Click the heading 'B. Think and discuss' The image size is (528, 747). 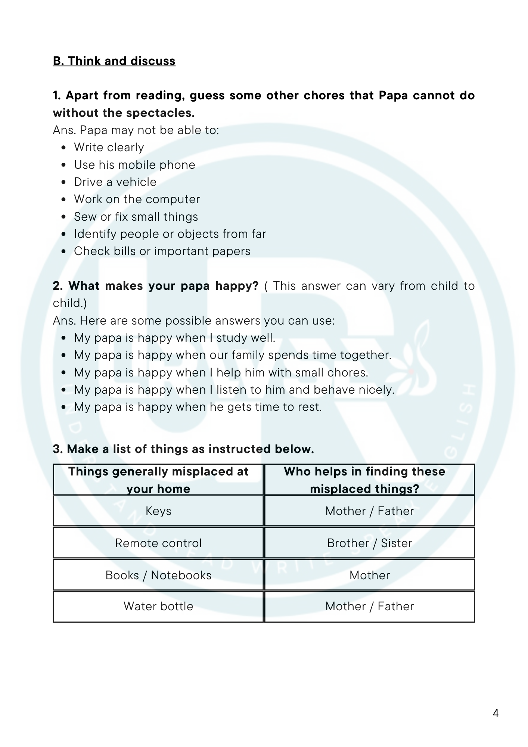[x=114, y=61]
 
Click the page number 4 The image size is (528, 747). [x=496, y=713]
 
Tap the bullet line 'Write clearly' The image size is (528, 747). [x=109, y=148]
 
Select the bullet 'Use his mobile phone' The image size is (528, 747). [x=134, y=165]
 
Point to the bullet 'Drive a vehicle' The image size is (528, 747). [x=115, y=182]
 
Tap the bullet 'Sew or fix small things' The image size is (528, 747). [x=136, y=217]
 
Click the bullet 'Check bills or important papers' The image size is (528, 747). [x=162, y=251]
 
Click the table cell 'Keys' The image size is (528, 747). [x=158, y=511]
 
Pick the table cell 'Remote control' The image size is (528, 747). [x=158, y=543]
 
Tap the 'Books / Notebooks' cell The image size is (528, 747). [x=158, y=575]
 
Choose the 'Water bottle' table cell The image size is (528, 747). [x=158, y=606]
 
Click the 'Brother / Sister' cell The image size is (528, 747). [x=369, y=543]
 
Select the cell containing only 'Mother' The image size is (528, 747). [x=369, y=575]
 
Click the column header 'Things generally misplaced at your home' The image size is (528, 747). [x=158, y=480]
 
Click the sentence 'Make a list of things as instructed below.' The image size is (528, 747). [x=190, y=449]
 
